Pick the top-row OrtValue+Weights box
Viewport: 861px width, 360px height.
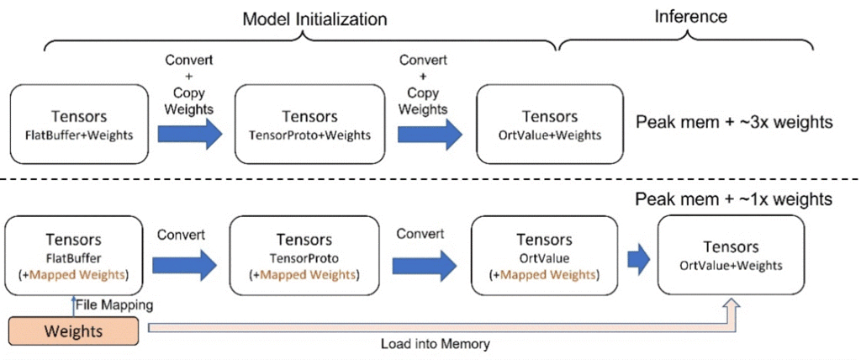coord(549,124)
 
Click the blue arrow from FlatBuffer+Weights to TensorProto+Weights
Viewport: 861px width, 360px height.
coord(190,132)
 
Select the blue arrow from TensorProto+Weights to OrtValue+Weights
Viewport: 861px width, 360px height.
coord(429,132)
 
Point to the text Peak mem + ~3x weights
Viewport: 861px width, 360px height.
coord(734,122)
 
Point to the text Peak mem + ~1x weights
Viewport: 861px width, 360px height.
coord(734,199)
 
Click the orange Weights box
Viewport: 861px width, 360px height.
coord(73,331)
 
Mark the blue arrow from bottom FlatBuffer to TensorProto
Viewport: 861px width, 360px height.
coord(183,262)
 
